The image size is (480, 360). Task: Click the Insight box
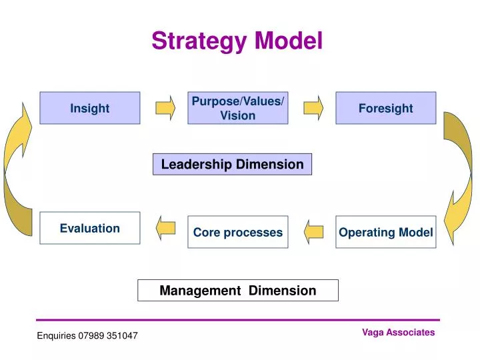pos(90,108)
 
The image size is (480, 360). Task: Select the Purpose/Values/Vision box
pos(238,108)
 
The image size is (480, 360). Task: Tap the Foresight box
pos(385,108)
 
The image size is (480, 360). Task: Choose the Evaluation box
pos(90,228)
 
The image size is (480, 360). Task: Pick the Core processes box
pos(238,232)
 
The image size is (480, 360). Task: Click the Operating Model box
pos(385,232)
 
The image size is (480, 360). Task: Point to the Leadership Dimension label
pos(232,164)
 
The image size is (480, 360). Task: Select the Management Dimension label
pos(238,290)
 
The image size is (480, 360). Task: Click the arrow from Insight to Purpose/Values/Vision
pos(165,108)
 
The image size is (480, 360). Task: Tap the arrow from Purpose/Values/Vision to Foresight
pos(313,108)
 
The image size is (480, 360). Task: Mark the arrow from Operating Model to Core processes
pos(313,232)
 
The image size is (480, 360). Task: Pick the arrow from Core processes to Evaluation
pos(165,228)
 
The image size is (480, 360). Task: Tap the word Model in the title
pos(289,41)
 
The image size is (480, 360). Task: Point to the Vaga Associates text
pos(398,332)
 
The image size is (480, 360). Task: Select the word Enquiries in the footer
pos(57,335)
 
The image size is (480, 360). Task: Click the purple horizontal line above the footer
pos(238,320)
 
